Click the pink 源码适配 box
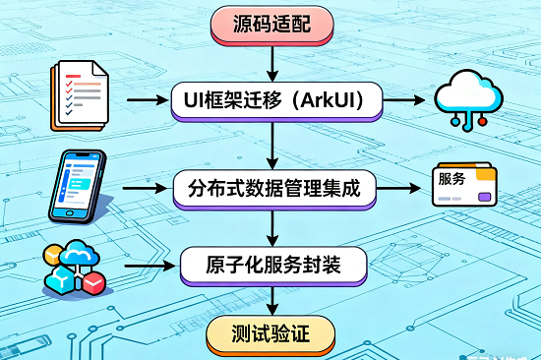pos(272,24)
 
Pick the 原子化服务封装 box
pos(272,264)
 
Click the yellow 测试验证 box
pos(272,334)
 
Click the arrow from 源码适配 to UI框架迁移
pos(272,61)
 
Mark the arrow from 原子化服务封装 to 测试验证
pos(272,301)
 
